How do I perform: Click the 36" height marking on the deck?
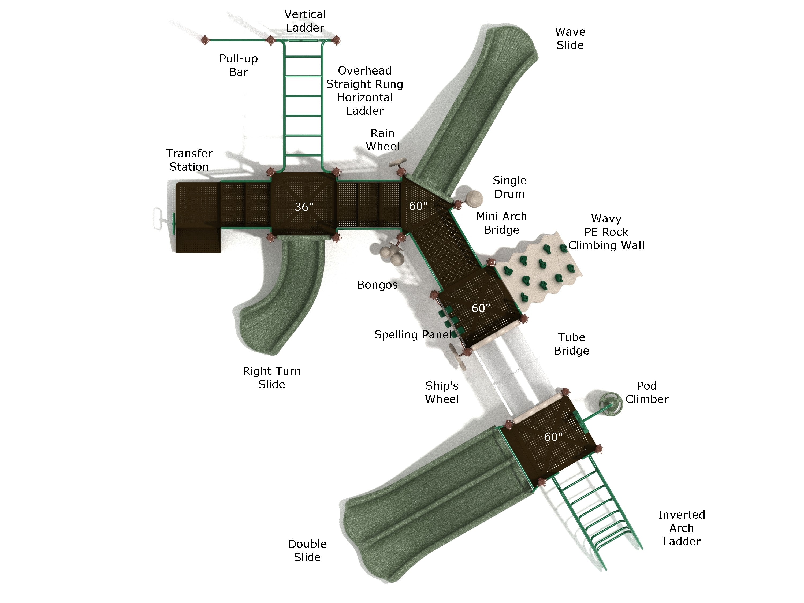304,207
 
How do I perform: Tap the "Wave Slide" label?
570,39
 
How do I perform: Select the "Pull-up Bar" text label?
239,65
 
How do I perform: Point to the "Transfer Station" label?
189,160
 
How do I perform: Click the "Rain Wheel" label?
382,140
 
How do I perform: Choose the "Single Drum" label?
509,187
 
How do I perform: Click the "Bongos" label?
377,285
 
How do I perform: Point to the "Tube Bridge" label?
571,344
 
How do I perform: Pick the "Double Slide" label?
307,550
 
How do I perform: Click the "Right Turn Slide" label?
271,378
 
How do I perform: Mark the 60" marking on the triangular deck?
418,206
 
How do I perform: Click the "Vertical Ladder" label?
305,21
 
